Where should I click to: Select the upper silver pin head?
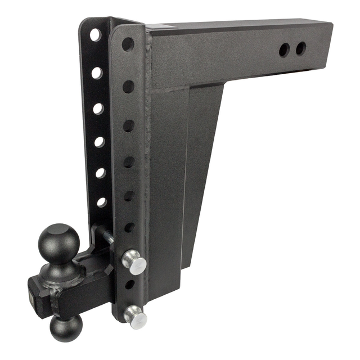(x=134, y=263)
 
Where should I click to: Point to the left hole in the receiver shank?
(x=284, y=51)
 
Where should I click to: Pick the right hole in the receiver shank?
(x=301, y=48)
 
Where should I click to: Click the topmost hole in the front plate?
(x=128, y=44)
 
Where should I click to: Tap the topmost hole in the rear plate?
(x=95, y=34)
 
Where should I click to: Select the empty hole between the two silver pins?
(x=129, y=285)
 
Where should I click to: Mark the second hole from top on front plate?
(x=129, y=86)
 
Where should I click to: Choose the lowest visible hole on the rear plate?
(x=102, y=202)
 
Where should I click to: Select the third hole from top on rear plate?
(x=98, y=109)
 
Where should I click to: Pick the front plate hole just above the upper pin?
(x=129, y=227)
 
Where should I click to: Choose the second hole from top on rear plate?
(x=97, y=73)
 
